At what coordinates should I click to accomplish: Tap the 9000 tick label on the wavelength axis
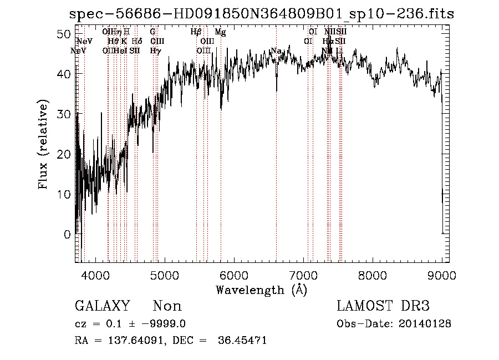coord(442,275)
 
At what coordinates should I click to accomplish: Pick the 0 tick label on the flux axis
coord(67,235)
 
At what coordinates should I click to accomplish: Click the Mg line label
coord(220,32)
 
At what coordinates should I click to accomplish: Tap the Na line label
coord(276,51)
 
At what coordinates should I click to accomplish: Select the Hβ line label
coord(196,32)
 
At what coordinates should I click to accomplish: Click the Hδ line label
coord(137,42)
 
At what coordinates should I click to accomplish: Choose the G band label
coord(152,32)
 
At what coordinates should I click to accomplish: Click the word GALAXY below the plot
coord(102,306)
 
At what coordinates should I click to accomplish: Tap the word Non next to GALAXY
coord(167,306)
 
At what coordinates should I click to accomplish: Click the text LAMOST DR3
coord(383,306)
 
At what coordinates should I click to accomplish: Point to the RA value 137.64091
coord(131,341)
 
